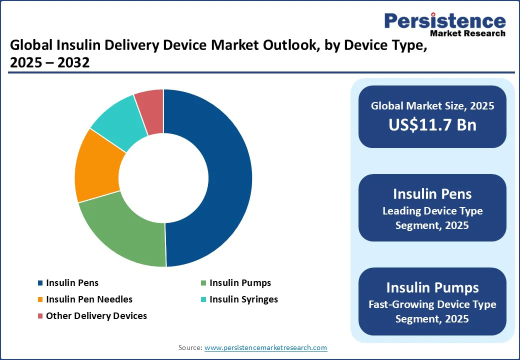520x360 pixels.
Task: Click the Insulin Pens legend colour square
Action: pyautogui.click(x=40, y=283)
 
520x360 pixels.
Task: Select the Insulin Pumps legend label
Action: pyautogui.click(x=240, y=283)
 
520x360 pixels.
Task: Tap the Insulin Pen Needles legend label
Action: pyautogui.click(x=89, y=299)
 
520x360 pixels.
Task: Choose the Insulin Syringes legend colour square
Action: pyautogui.click(x=203, y=299)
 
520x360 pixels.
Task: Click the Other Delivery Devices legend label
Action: pyautogui.click(x=96, y=316)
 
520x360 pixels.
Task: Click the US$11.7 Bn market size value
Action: pyautogui.click(x=432, y=125)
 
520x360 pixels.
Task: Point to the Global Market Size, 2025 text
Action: pyautogui.click(x=432, y=106)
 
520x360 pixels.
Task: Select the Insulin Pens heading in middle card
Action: pyautogui.click(x=432, y=194)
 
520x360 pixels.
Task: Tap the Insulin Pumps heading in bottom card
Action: pyautogui.click(x=432, y=287)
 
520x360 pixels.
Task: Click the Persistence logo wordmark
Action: pyautogui.click(x=445, y=21)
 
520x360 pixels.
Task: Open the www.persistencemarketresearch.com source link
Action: pyautogui.click(x=265, y=347)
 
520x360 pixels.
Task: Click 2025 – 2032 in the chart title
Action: pyautogui.click(x=49, y=62)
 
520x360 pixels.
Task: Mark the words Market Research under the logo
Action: pyautogui.click(x=467, y=33)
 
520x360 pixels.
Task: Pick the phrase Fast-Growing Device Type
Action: pyautogui.click(x=432, y=304)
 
